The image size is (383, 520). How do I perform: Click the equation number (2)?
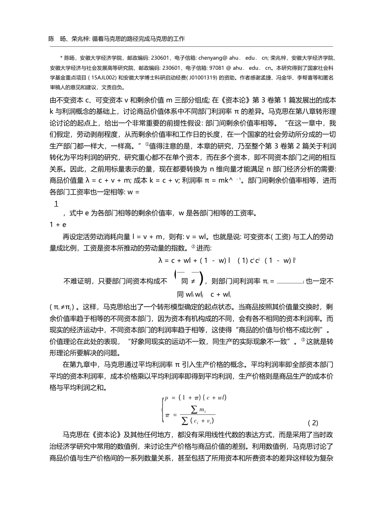point(313,423)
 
